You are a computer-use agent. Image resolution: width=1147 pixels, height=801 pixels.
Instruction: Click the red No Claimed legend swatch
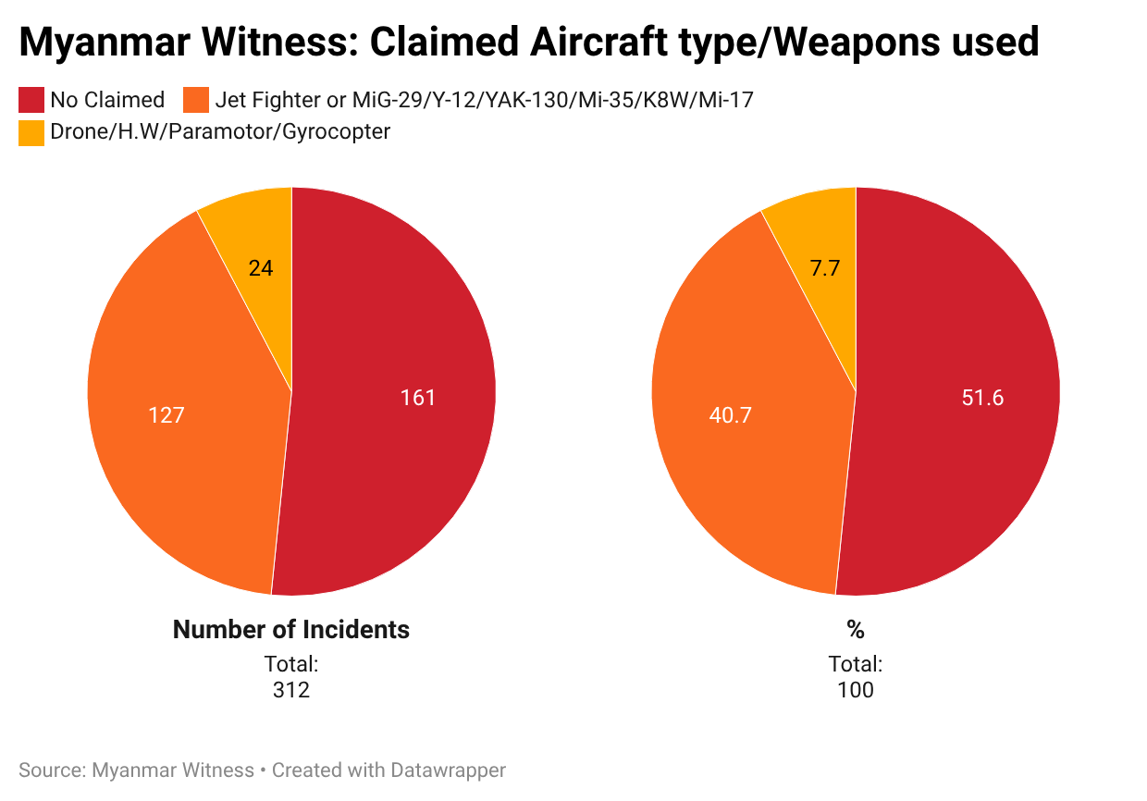31,100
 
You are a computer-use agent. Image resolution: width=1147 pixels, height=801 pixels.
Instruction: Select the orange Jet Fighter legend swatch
197,100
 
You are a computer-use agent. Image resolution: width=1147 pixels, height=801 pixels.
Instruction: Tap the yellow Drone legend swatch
31,132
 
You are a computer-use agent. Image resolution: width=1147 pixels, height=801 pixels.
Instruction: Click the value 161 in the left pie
417,398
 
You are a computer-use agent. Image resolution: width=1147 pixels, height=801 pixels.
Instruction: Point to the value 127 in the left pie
166,415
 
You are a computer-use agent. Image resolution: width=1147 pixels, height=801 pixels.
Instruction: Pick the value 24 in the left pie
261,268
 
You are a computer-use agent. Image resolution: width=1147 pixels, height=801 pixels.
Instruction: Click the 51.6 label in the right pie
982,398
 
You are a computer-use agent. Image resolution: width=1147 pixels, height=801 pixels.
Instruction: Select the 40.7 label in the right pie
730,415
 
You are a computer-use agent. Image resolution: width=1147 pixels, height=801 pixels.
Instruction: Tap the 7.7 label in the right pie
825,268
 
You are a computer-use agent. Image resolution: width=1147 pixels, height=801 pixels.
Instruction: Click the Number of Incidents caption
291,630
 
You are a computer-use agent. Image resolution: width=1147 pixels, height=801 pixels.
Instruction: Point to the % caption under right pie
856,630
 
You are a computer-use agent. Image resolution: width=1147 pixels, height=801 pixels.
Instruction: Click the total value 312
291,690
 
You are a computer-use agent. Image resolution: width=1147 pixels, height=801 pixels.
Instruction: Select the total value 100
856,690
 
